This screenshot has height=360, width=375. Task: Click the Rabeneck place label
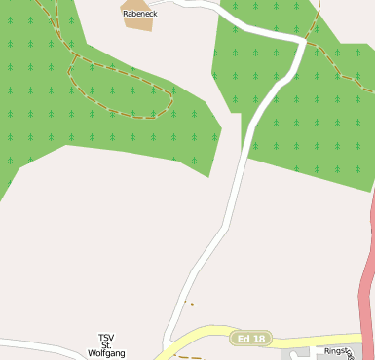139,14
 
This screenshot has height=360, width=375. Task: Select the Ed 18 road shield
250,339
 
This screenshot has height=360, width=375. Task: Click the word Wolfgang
106,354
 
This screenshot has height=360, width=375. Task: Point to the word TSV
106,338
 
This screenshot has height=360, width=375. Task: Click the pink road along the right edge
367,282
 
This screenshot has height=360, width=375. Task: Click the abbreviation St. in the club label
106,346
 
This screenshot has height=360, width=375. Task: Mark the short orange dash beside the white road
191,304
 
